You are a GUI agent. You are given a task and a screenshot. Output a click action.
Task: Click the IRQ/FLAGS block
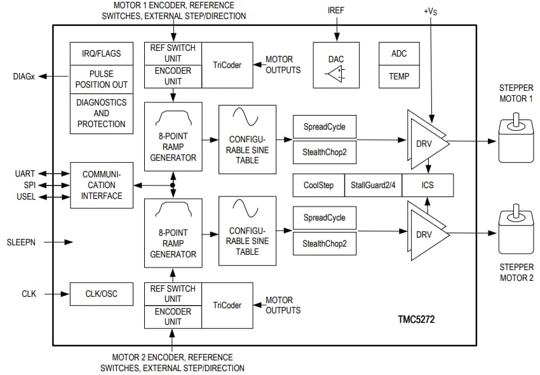pos(102,53)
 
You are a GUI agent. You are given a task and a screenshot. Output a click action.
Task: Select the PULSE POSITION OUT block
pos(102,79)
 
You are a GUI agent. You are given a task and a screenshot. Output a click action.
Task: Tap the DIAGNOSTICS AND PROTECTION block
pos(102,113)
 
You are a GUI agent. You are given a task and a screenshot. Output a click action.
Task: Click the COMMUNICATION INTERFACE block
pos(102,185)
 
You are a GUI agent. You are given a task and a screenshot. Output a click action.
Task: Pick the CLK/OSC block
pos(102,294)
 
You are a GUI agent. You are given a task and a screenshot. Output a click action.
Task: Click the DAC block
pos(336,65)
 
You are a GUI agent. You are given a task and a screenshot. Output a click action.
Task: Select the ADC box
pos(399,54)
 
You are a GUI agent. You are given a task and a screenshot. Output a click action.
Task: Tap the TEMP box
pos(399,76)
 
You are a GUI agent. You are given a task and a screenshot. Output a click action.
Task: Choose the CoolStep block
pos(318,185)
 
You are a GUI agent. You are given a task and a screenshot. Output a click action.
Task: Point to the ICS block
pos(428,185)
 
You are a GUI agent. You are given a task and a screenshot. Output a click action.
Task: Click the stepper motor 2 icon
pos(516,235)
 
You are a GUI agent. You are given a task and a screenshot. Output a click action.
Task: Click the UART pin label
pos(25,174)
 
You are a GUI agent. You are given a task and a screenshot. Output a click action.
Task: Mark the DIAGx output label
pos(24,76)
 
